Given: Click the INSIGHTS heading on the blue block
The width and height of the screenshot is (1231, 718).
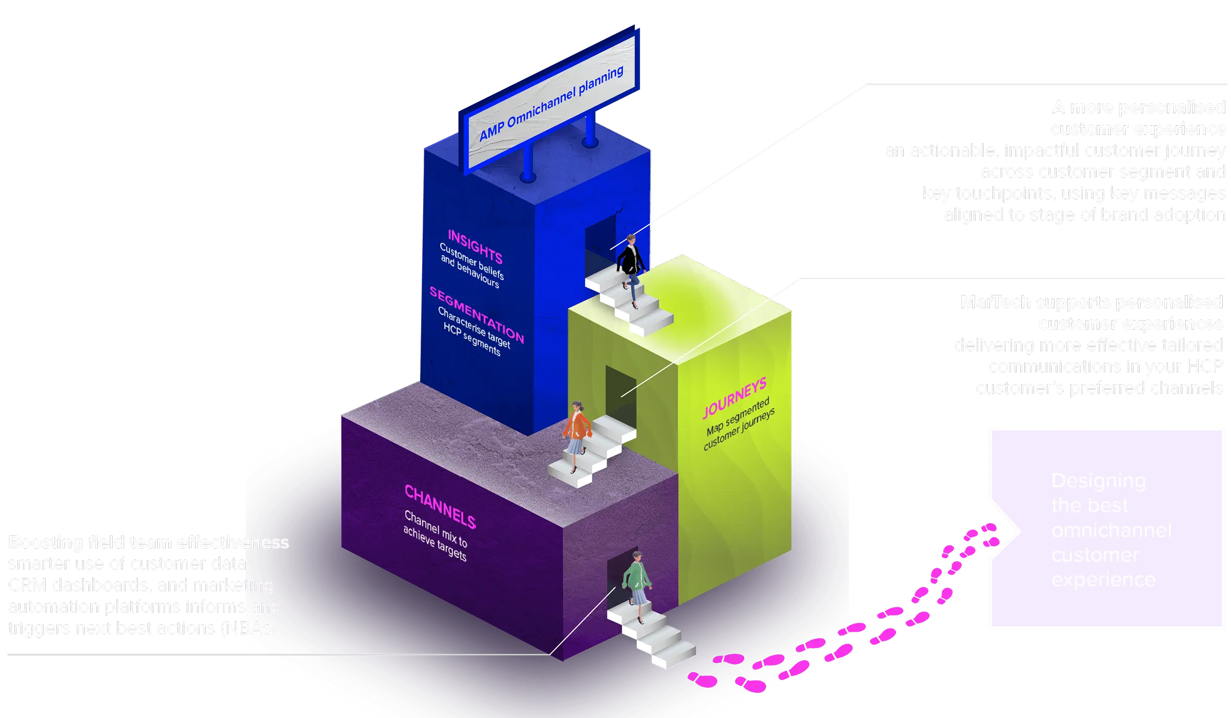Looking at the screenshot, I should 474,246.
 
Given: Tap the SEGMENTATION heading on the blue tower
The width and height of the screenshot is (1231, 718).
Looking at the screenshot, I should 476,315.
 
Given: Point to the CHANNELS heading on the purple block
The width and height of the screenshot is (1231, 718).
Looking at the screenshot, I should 440,506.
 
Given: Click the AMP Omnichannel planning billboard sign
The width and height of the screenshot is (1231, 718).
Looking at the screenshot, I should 551,103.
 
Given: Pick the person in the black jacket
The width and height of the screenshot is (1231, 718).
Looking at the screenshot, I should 630,267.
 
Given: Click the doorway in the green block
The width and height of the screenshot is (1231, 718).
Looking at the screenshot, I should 621,390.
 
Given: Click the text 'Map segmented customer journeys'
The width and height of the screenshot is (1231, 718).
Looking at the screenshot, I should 738,425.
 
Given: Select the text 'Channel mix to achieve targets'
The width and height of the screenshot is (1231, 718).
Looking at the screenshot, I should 435,536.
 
